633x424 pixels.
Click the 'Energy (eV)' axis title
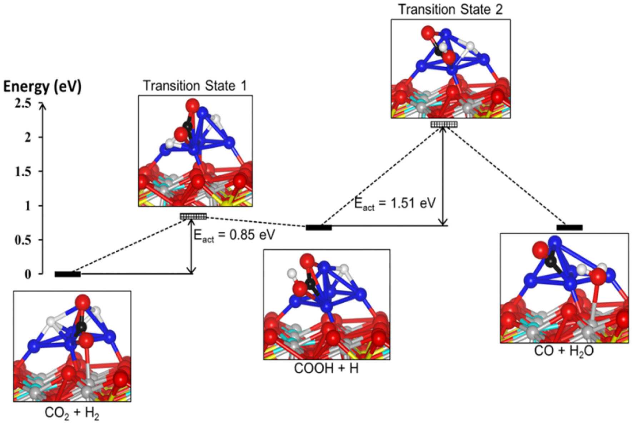[42, 87]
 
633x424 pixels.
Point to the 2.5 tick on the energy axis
[23, 104]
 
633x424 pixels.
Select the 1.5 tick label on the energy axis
[23, 172]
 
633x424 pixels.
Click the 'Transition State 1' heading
[195, 86]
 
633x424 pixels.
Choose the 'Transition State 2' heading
[450, 9]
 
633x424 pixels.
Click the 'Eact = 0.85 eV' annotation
[234, 235]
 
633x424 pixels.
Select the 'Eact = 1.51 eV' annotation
[395, 203]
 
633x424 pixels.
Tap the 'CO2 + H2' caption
[72, 413]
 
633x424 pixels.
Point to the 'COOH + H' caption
[326, 368]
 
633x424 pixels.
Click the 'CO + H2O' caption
[564, 351]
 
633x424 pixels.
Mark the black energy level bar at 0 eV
[68, 274]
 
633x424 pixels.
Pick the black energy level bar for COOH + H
[319, 227]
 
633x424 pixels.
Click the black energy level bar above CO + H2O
[569, 227]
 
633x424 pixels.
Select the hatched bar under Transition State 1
[193, 216]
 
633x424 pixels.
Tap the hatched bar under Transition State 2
[444, 124]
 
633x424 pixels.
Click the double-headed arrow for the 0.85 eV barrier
[192, 246]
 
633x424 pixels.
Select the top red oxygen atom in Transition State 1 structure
[192, 106]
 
